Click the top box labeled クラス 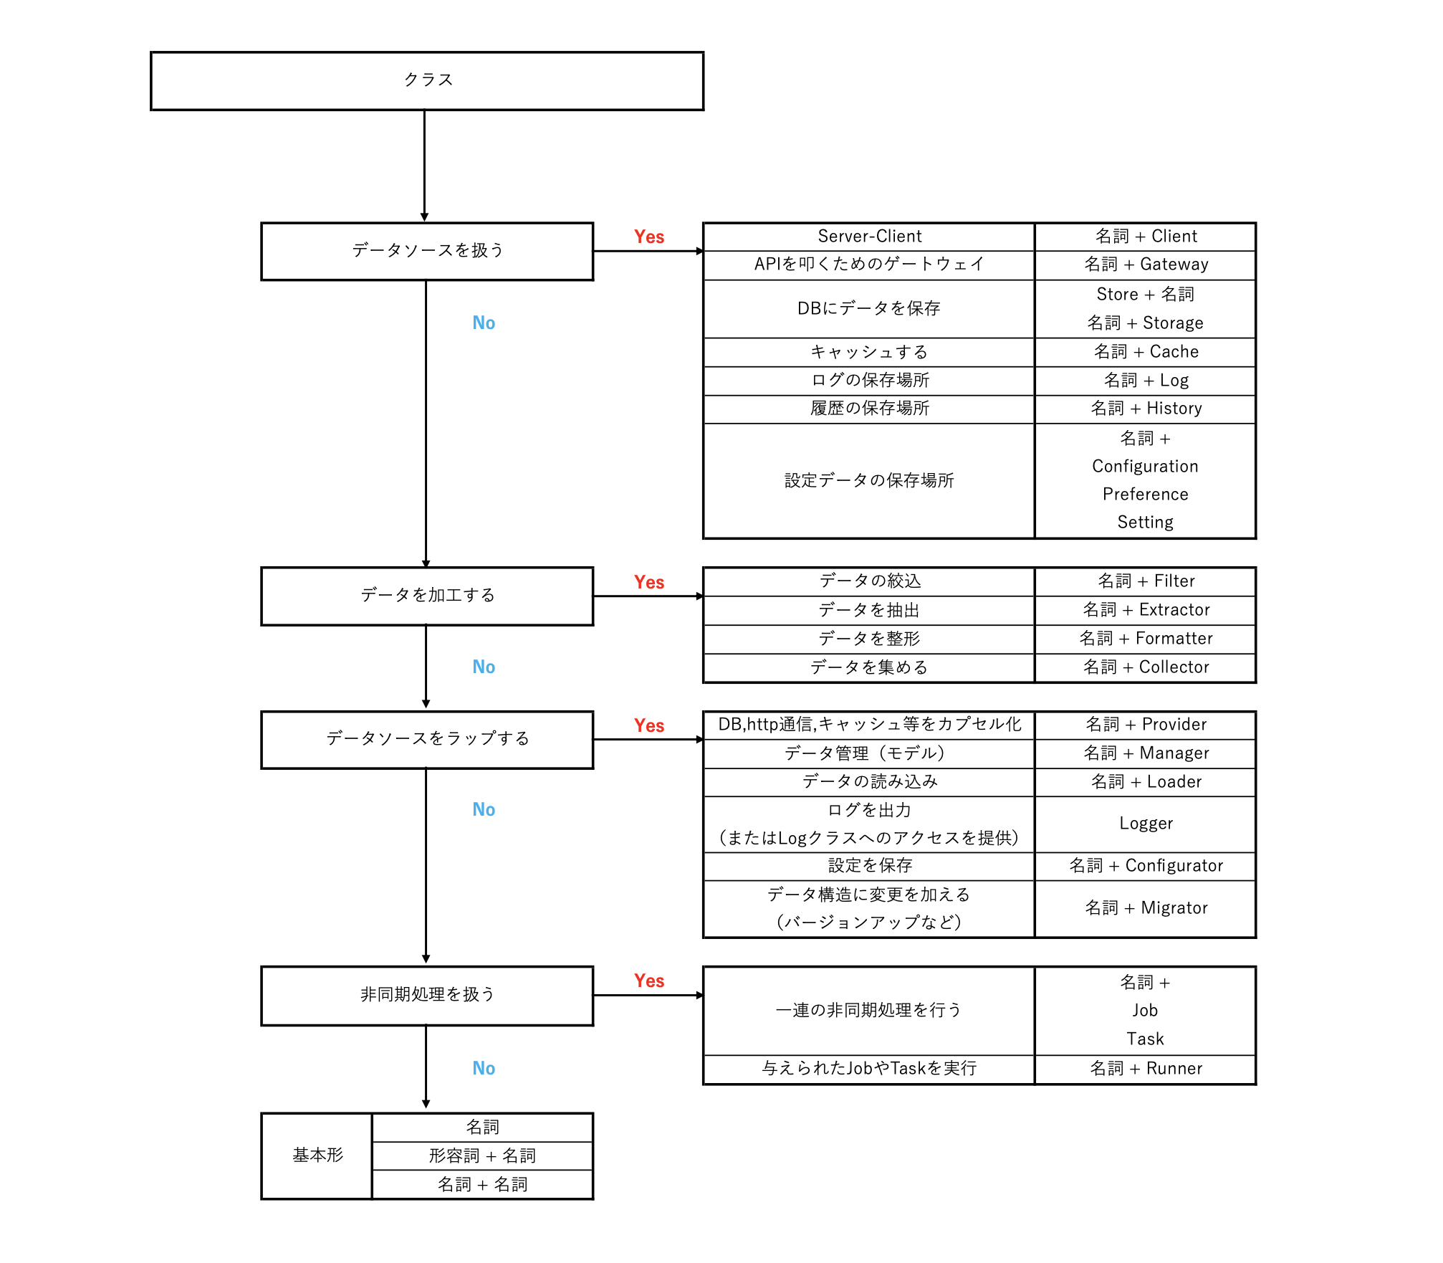427,80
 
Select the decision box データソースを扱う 427,251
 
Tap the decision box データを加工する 427,596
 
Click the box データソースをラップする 427,739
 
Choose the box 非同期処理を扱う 427,995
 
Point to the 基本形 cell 317,1155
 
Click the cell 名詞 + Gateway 1145,264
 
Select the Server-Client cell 869,237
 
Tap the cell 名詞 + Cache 1145,352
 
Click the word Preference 1145,495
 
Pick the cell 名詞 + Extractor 1145,610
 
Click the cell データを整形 869,639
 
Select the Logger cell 1145,824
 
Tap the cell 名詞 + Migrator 1145,908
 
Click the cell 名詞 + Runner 1145,1069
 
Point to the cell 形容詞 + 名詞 482,1155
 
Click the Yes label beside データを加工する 648,582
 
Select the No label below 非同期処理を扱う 484,1068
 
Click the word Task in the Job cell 1145,1039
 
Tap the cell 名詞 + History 1145,409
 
